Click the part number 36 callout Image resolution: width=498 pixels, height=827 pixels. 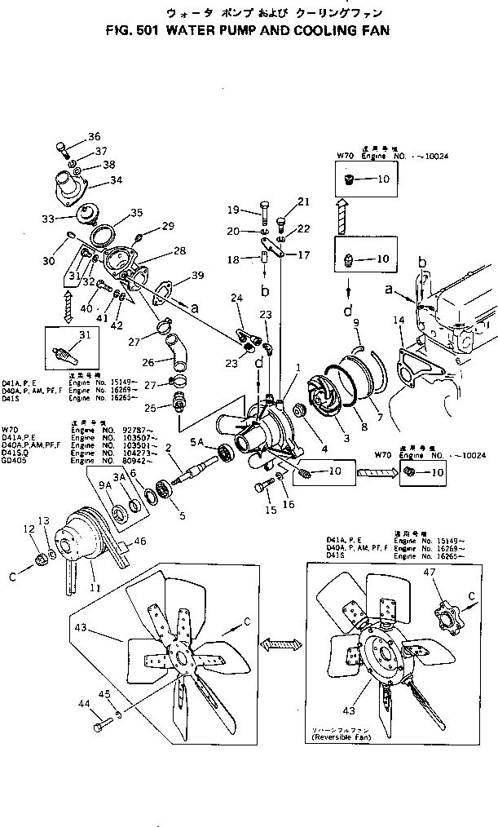point(95,136)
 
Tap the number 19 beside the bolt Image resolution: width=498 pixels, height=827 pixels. point(233,208)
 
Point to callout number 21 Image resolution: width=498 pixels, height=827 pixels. point(304,201)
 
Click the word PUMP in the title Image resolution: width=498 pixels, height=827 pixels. point(202,31)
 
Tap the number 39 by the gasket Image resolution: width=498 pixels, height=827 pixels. point(198,277)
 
